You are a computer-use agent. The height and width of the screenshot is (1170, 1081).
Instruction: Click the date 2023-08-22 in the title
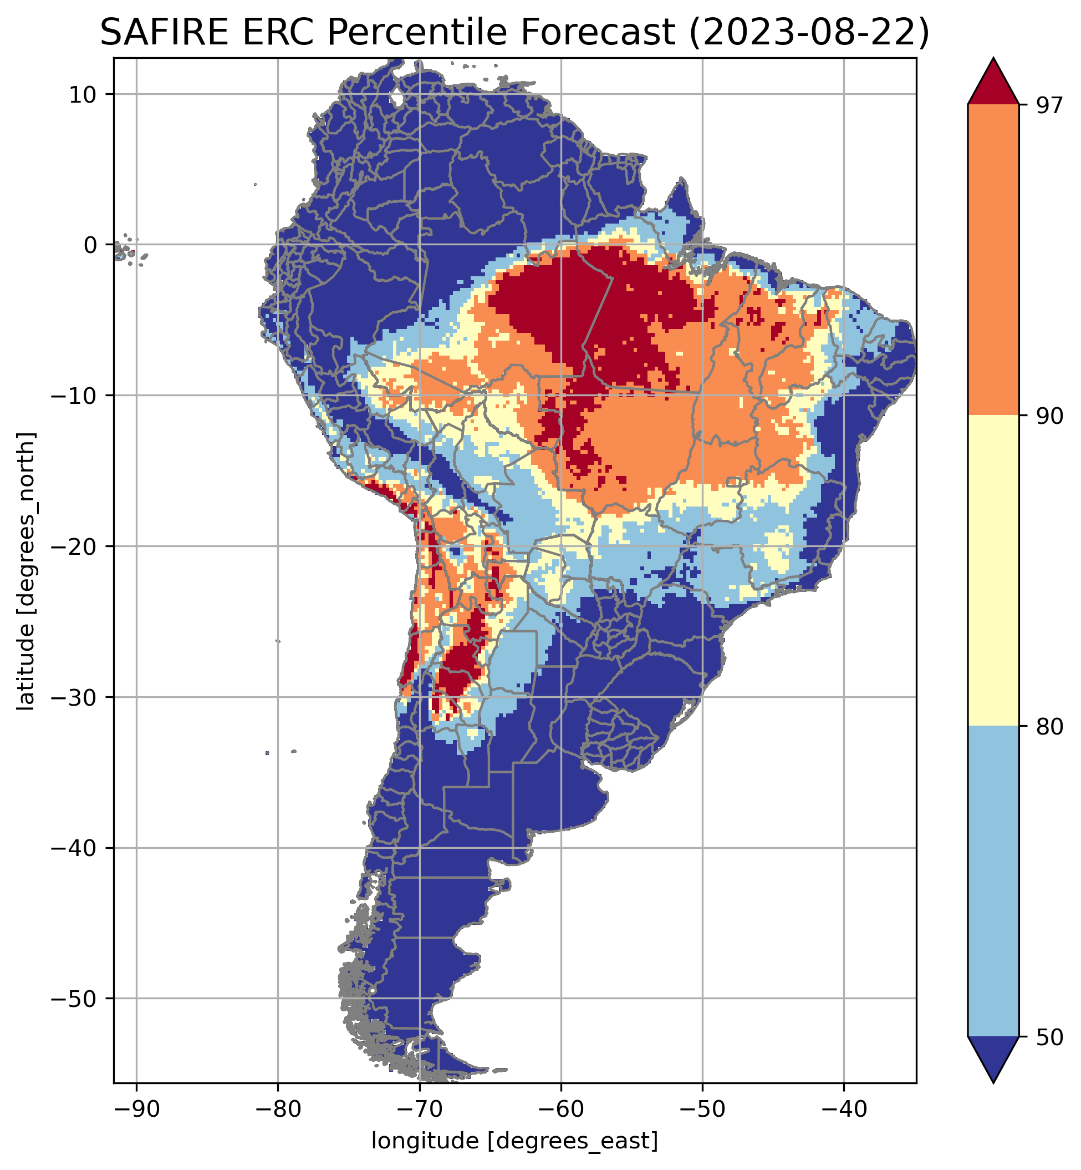coord(808,33)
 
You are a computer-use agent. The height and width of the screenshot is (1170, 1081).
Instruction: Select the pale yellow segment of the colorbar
coord(993,571)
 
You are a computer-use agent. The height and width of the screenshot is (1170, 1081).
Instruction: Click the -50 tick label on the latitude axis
coord(74,999)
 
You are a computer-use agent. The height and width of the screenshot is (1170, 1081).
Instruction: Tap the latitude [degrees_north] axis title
coord(26,571)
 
